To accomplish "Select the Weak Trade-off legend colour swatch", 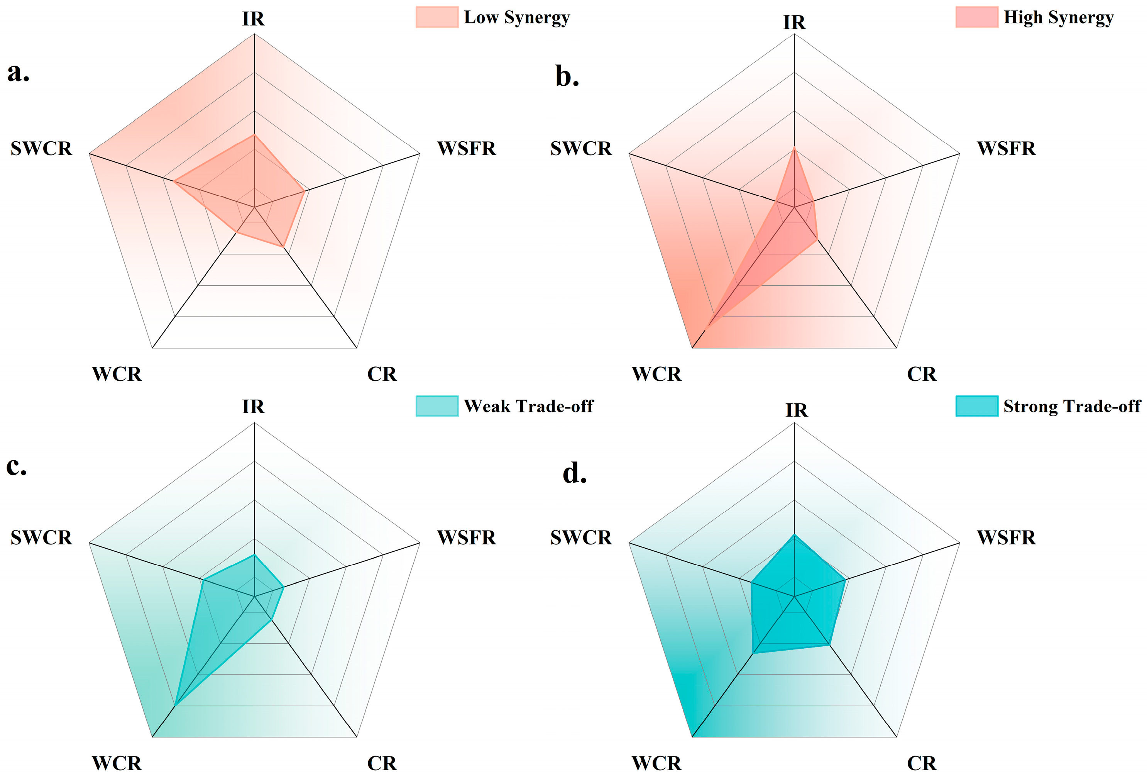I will pyautogui.click(x=437, y=406).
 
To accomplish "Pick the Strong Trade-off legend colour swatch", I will pyautogui.click(x=977, y=406).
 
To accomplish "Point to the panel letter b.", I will pyautogui.click(x=567, y=76).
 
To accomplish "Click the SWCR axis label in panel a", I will pyautogui.click(x=41, y=149).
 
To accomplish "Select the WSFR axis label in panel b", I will pyautogui.click(x=1007, y=149).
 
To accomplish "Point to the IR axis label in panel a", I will pyautogui.click(x=254, y=19).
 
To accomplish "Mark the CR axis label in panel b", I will pyautogui.click(x=922, y=374).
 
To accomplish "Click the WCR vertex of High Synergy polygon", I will pyautogui.click(x=707, y=328).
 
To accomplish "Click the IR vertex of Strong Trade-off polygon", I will pyautogui.click(x=794, y=535).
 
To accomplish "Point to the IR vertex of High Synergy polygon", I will pyautogui.click(x=794, y=147).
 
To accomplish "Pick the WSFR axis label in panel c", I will pyautogui.click(x=466, y=537).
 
